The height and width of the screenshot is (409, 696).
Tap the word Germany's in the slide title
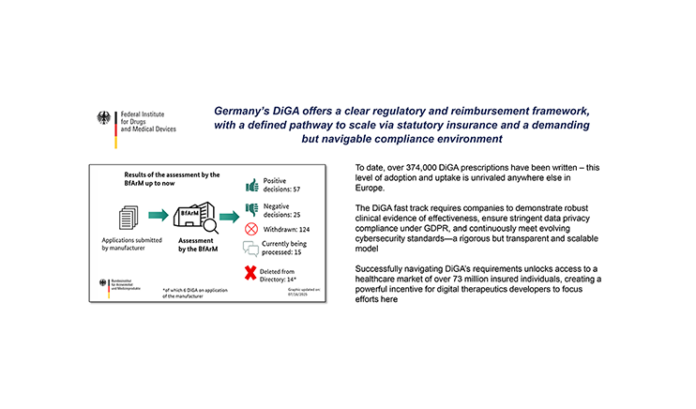(x=237, y=108)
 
